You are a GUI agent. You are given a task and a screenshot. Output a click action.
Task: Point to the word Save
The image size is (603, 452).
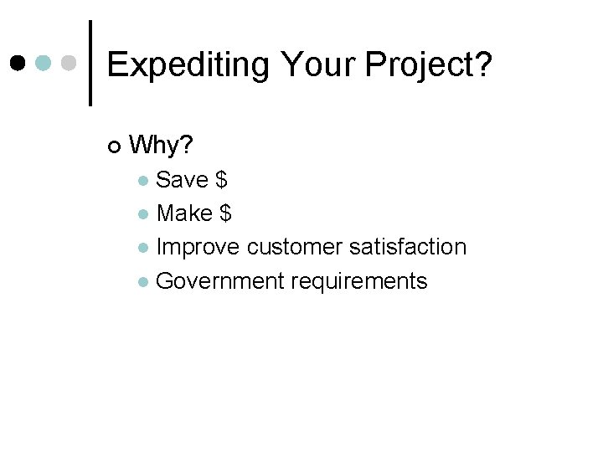[x=183, y=180]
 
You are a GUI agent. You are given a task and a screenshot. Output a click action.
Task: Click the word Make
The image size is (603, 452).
[x=184, y=213]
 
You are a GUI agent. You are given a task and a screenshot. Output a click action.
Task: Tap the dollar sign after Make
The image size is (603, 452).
[x=226, y=213]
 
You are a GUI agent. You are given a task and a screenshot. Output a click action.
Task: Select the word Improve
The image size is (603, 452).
[x=199, y=247]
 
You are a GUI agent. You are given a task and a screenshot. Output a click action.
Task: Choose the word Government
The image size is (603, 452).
[x=220, y=280]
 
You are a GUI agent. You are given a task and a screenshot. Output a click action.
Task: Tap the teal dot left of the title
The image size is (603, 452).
[x=44, y=63]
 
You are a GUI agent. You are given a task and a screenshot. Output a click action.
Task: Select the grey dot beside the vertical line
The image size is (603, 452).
[x=70, y=63]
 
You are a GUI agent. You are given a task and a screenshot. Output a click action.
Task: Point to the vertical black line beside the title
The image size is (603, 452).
[x=90, y=63]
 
